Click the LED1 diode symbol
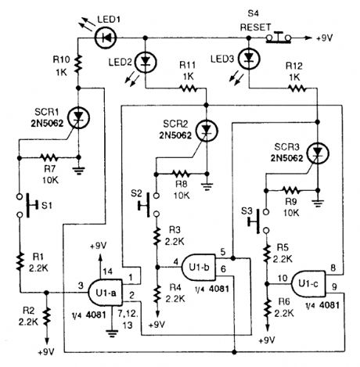pyautogui.click(x=103, y=36)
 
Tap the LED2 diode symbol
pyautogui.click(x=146, y=60)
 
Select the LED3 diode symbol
pyautogui.click(x=249, y=58)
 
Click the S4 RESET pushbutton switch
pyautogui.click(x=280, y=35)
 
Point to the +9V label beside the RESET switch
pyautogui.click(x=322, y=36)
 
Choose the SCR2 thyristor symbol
pyautogui.click(x=207, y=128)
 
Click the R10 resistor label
pyautogui.click(x=59, y=64)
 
